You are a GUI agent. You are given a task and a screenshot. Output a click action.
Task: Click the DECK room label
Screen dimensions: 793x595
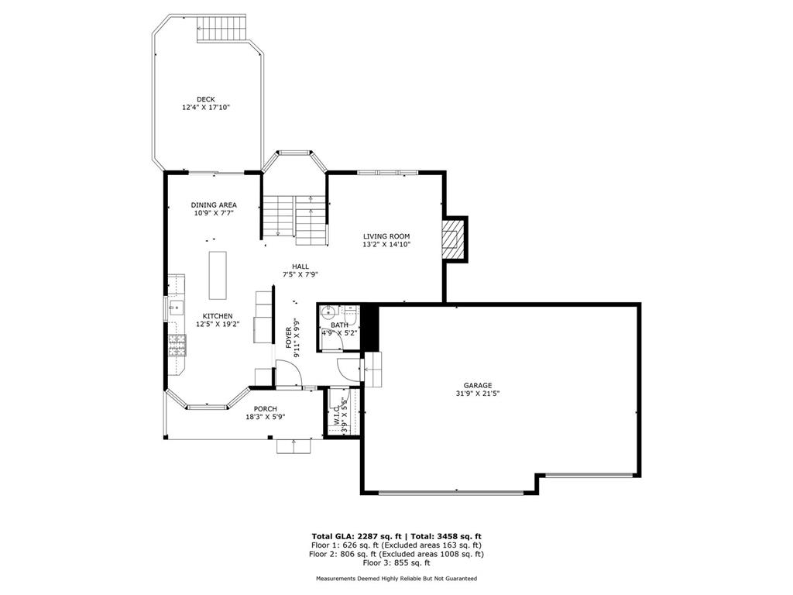click(x=206, y=99)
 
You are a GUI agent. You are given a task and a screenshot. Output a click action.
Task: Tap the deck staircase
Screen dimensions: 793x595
click(x=222, y=29)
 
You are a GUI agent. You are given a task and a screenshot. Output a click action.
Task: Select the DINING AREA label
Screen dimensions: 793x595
click(x=214, y=205)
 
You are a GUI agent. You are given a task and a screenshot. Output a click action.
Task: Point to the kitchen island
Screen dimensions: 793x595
click(x=218, y=275)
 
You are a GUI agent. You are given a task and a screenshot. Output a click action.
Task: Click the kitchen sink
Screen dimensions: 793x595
click(x=177, y=307)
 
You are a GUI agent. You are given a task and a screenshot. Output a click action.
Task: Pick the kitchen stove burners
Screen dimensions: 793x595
click(x=177, y=345)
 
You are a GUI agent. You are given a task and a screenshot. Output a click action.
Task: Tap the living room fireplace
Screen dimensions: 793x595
click(x=451, y=239)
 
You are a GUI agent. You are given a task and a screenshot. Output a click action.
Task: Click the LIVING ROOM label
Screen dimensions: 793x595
click(x=386, y=236)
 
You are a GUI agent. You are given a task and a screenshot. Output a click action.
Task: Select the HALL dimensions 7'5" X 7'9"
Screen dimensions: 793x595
click(x=300, y=275)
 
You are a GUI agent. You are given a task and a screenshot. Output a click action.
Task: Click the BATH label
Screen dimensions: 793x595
click(x=339, y=325)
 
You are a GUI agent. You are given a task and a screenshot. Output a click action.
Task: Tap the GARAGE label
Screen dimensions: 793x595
click(x=477, y=386)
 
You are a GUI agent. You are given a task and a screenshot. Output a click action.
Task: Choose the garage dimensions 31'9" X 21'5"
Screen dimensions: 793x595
click(x=477, y=394)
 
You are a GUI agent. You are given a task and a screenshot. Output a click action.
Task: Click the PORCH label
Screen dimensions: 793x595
click(x=265, y=409)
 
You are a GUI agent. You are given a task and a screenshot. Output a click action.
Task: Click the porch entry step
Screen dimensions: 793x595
click(x=294, y=446)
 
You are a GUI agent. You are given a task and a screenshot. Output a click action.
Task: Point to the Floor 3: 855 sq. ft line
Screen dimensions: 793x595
click(x=396, y=562)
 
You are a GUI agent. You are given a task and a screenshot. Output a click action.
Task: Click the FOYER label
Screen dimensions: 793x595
click(x=289, y=338)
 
